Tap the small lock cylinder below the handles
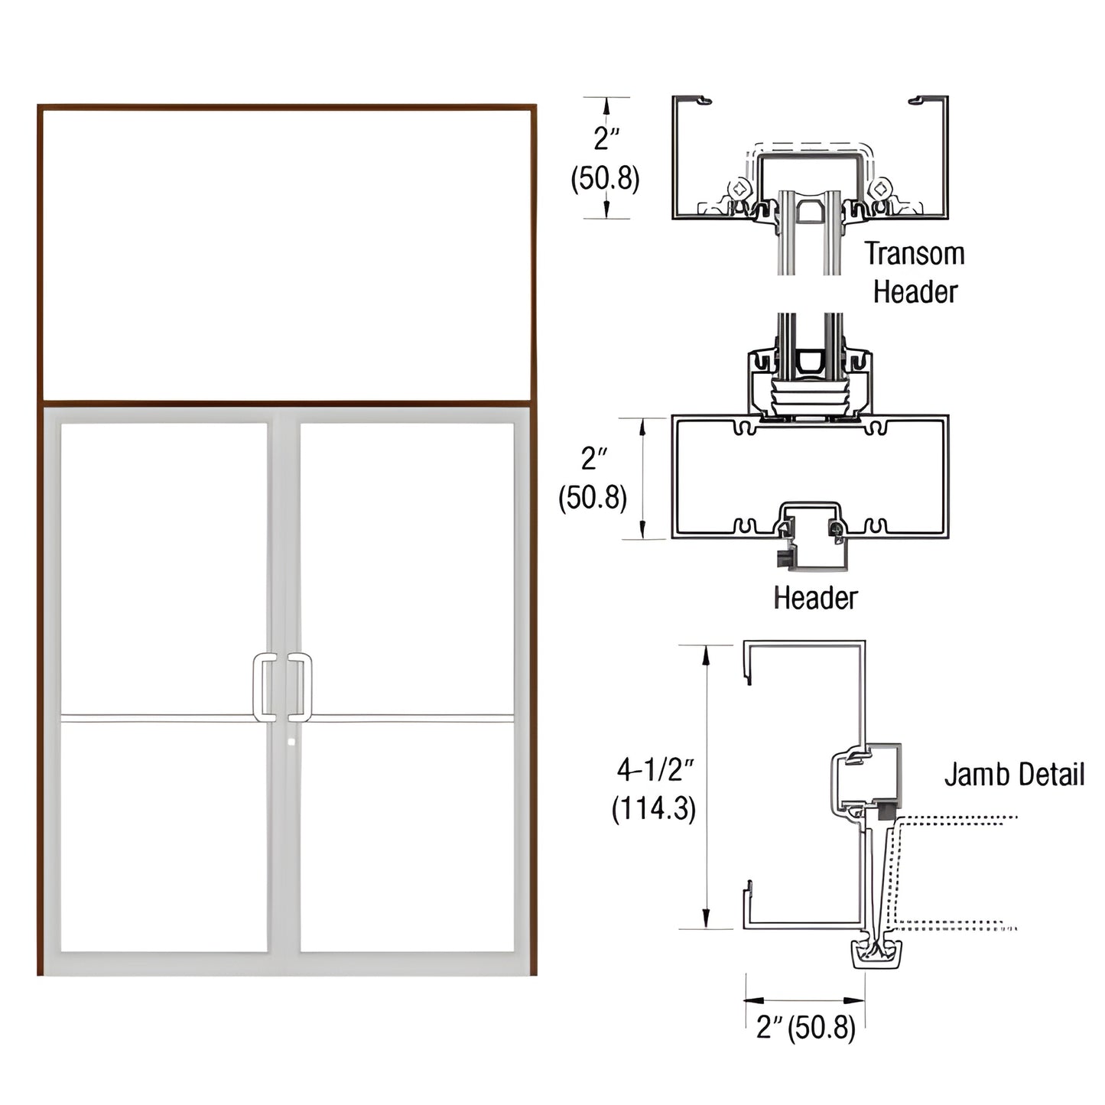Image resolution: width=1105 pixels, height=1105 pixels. point(291,741)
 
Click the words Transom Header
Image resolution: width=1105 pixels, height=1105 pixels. point(915,272)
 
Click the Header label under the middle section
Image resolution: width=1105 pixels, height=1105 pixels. point(815,598)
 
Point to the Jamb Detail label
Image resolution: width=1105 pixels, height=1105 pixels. point(1014,774)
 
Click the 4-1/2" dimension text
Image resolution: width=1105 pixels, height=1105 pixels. point(655,769)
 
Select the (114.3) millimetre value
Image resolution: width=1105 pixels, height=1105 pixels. point(654,808)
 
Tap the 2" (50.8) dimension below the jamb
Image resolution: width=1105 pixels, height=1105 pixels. point(805,1027)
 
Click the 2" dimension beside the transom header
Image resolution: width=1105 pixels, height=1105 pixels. point(606,139)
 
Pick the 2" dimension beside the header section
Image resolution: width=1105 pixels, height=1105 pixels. point(593,459)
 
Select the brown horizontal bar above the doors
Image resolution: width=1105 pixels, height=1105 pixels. point(287,401)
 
